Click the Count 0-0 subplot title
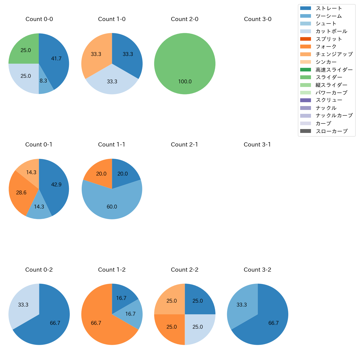pos(39,19)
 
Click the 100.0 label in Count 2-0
pos(185,81)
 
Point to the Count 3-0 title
pos(258,19)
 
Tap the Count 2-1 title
pos(184,145)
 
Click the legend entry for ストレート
pos(329,8)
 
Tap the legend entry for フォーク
pos(326,47)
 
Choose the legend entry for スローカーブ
pos(331,131)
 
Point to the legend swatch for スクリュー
pos(305,100)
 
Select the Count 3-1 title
pos(257,145)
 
